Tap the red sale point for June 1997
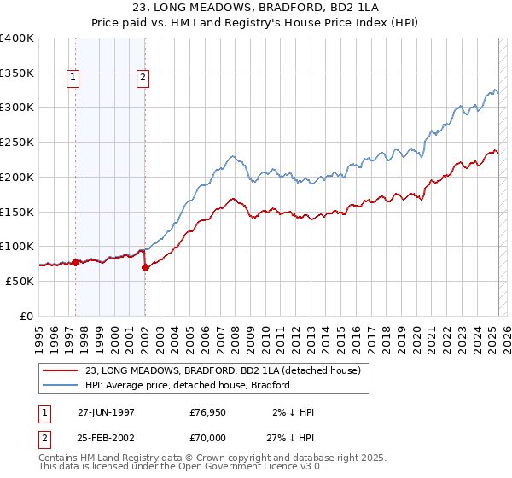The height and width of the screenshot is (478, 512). click(75, 262)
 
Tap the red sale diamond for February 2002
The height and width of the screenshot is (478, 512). click(145, 267)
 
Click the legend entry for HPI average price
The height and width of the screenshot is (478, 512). click(188, 385)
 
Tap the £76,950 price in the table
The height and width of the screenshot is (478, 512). click(207, 411)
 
